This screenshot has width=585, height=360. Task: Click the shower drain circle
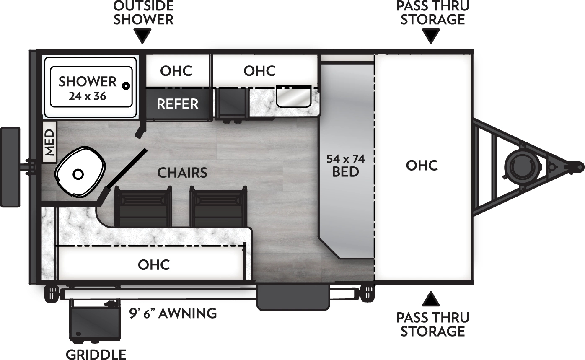[125, 86]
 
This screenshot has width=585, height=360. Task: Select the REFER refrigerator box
[178, 104]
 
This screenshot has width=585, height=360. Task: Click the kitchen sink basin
[293, 96]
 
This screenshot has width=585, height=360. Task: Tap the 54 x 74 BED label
[345, 165]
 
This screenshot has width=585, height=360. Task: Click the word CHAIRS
[182, 173]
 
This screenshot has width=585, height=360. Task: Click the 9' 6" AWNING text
[173, 313]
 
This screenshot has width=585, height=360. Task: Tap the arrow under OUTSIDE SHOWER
[143, 36]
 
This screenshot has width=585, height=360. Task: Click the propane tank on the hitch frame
[521, 166]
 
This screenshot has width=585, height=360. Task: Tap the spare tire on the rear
[10, 167]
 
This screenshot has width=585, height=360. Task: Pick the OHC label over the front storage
[422, 166]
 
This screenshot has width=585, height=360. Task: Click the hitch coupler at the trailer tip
[577, 167]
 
